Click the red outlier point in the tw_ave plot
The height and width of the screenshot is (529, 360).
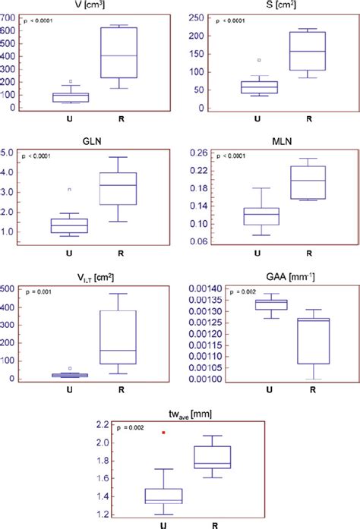pos(164,433)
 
